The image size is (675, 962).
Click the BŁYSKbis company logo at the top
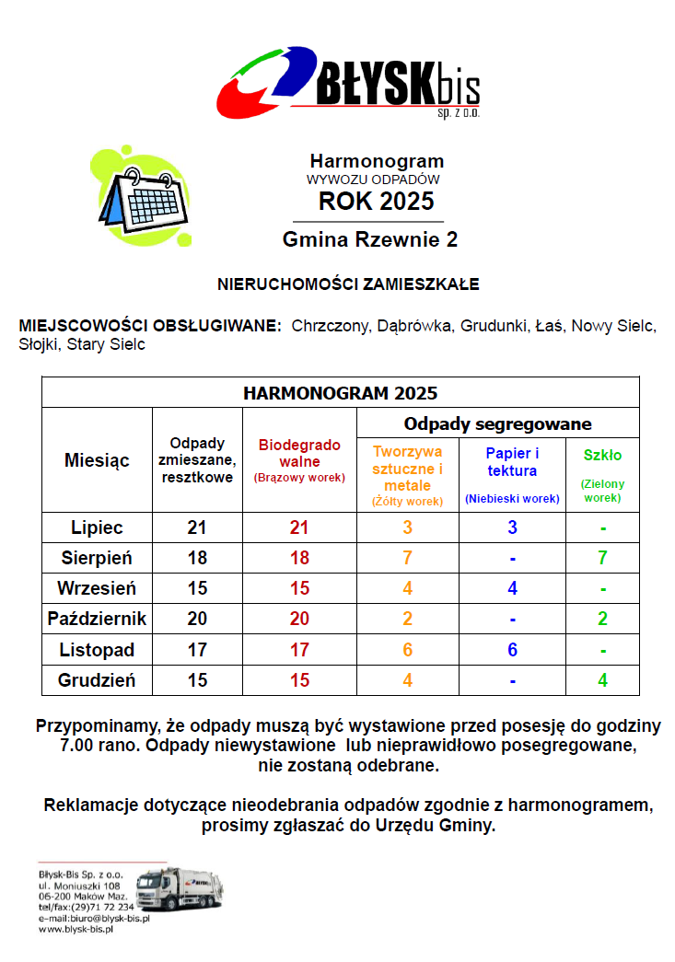tap(348, 82)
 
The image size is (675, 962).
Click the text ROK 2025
tap(377, 201)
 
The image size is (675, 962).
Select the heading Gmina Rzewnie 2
tap(370, 240)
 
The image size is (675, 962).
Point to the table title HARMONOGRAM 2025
tap(340, 393)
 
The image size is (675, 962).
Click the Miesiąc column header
tap(97, 460)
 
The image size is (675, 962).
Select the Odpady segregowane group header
tap(497, 423)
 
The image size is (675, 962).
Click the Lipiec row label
tap(97, 527)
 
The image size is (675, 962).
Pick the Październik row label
tap(97, 619)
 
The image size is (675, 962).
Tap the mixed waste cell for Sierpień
tap(197, 558)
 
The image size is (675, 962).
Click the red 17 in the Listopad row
tap(298, 650)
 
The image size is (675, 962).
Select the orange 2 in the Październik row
tap(407, 619)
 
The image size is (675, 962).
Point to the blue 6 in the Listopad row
tap(512, 650)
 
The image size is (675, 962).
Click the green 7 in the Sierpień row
tap(602, 558)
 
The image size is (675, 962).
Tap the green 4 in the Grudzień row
tap(602, 681)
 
